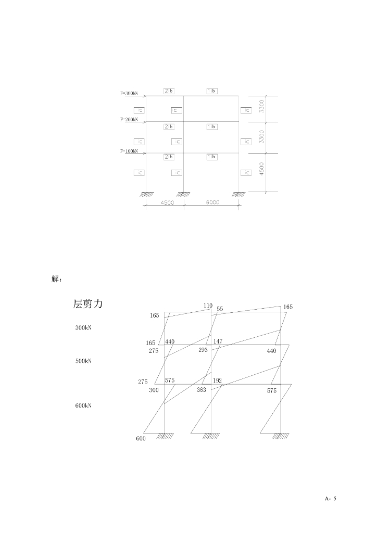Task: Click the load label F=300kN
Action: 129,94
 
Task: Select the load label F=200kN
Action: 129,119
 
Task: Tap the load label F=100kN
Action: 129,151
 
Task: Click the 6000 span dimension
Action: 212,202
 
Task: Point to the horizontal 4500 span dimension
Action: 167,202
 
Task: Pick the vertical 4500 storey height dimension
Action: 262,168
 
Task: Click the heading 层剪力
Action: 88,304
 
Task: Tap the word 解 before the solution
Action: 57,278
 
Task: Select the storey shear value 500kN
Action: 83,360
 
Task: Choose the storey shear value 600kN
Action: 83,405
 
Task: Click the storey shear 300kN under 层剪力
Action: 83,328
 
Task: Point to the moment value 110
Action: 208,306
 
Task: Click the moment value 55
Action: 220,309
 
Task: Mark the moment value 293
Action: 203,350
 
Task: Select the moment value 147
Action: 218,341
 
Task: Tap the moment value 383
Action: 202,389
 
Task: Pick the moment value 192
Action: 218,380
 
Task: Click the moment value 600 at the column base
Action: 141,438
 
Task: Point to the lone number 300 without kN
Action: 154,390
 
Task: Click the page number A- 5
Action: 331,499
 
